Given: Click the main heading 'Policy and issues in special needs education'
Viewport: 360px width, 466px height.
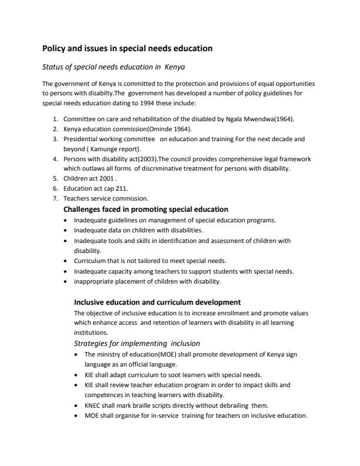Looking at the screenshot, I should (x=127, y=48).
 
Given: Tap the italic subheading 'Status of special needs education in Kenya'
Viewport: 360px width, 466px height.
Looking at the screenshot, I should (x=114, y=67).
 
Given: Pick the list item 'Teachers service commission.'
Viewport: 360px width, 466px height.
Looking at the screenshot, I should (x=106, y=199).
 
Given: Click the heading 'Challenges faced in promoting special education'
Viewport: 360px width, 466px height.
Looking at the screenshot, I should (x=145, y=209).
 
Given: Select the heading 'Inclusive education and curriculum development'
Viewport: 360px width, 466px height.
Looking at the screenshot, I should (x=157, y=302).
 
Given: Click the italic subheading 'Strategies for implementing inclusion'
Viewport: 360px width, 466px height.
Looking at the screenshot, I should (x=136, y=343).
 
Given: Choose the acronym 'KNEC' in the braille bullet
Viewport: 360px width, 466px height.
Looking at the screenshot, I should (x=94, y=405).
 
